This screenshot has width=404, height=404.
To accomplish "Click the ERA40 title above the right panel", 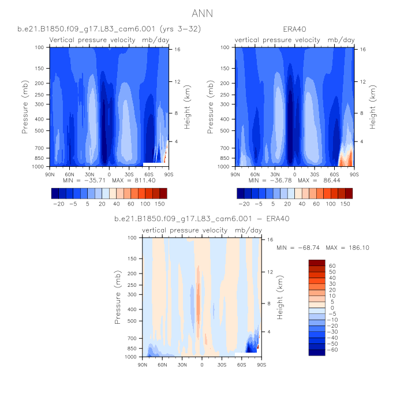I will point(294,28).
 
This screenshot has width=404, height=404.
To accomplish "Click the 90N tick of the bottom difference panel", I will point(143,365).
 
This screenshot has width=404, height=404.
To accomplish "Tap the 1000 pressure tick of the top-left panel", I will point(39,167).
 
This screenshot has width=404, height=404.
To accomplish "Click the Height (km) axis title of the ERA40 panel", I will point(373,107).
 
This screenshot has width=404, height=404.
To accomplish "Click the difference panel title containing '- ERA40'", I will point(202,219).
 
